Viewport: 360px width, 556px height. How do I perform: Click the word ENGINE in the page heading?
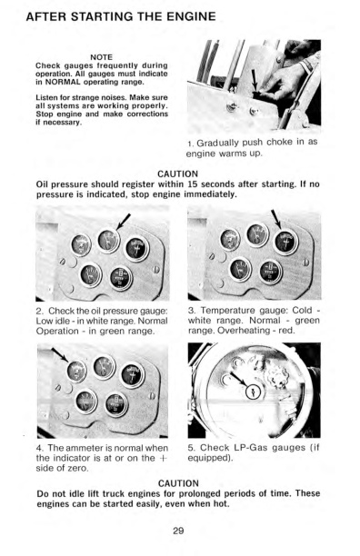(192, 16)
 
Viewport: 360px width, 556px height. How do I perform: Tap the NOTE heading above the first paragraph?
(102, 57)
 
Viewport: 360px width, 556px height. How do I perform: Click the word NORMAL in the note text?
(61, 82)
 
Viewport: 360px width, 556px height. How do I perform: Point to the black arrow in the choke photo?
(255, 80)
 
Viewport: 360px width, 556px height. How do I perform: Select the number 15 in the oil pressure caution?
(192, 184)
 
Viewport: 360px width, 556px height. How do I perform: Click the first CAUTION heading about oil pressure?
(177, 174)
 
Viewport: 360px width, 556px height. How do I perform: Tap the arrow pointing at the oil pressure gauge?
(124, 222)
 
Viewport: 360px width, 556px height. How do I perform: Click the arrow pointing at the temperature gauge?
(276, 219)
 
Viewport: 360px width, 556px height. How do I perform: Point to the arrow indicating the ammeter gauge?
(60, 354)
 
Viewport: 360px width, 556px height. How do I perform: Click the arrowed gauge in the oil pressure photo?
(108, 241)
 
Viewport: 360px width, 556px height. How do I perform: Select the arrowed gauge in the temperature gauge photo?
(285, 242)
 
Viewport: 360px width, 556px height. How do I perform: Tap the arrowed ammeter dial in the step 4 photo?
(76, 372)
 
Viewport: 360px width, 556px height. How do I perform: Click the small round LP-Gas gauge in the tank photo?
(254, 392)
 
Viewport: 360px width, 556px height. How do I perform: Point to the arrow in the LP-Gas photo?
(239, 380)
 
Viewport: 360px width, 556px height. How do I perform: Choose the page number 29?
(178, 531)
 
